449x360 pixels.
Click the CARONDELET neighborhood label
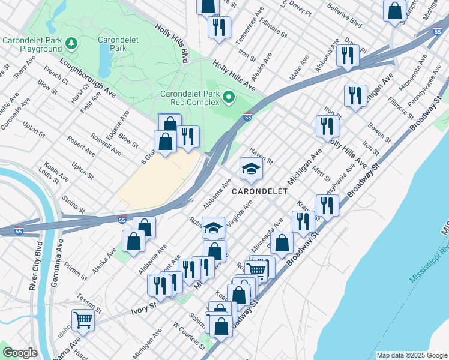[259, 191]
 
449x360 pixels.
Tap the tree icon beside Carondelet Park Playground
[71, 43]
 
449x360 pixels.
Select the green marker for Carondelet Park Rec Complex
[228, 97]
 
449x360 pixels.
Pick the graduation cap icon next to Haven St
[251, 168]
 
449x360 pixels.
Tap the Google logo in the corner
[20, 352]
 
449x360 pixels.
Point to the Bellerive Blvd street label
[345, 16]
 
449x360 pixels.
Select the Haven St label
[261, 158]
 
